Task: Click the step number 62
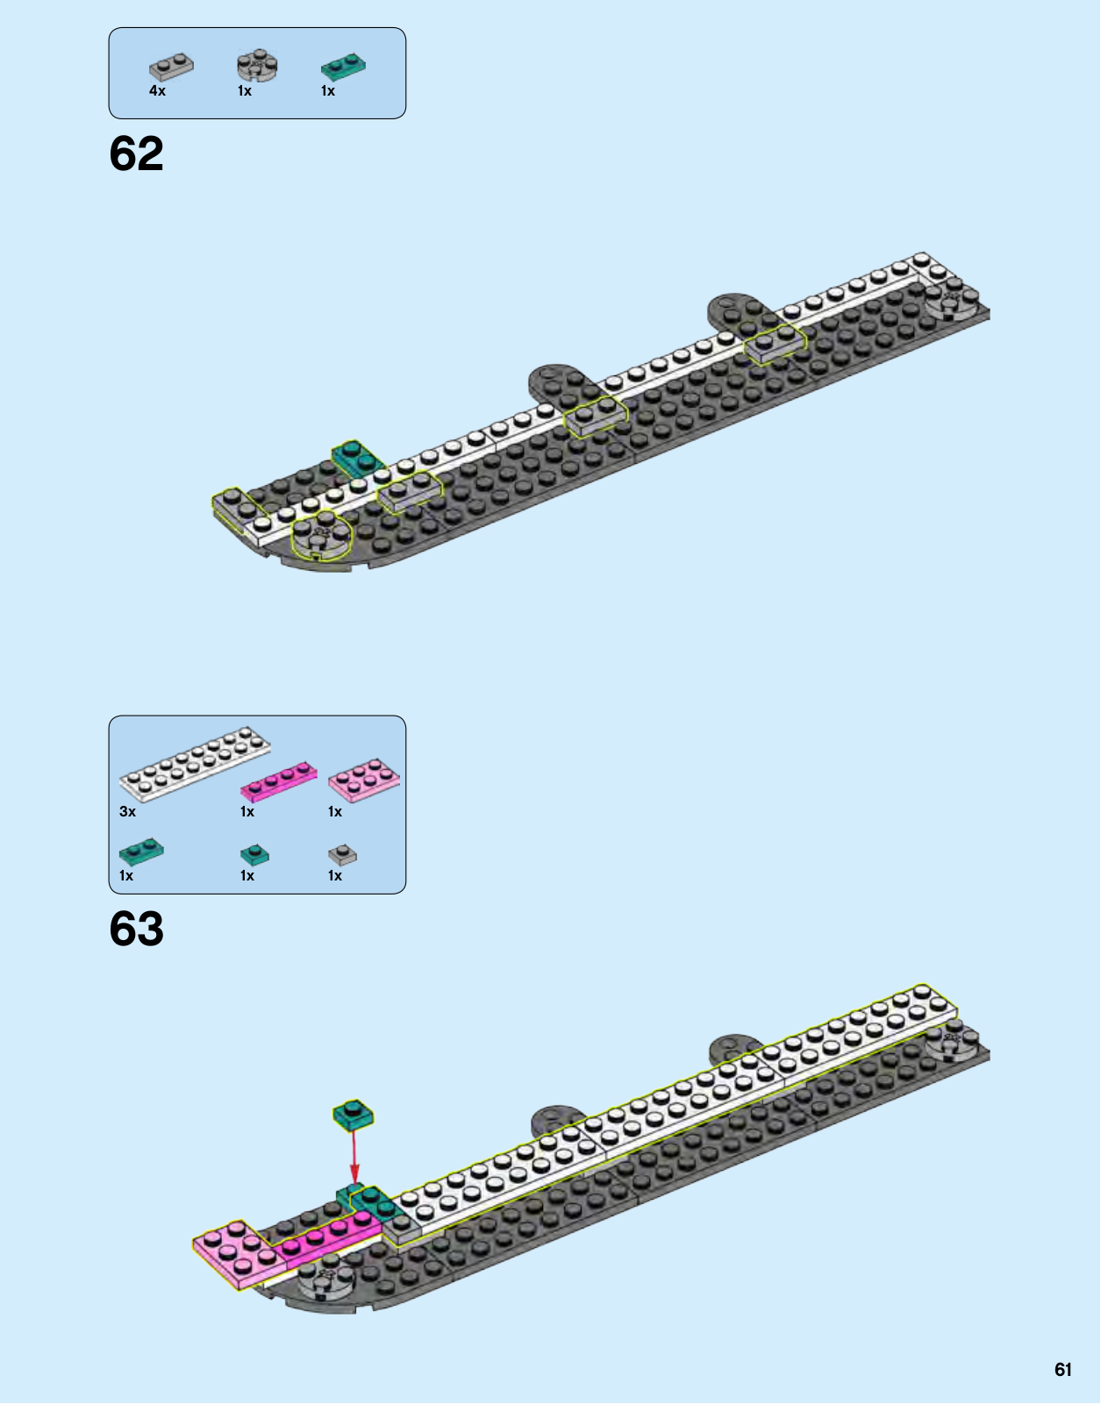136,154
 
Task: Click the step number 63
136,930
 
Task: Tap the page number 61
1062,1370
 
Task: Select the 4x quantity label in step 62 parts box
157,91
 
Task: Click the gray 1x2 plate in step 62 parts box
171,67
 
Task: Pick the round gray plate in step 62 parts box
257,65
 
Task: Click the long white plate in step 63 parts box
195,764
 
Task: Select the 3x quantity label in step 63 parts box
128,812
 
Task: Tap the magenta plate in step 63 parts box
279,780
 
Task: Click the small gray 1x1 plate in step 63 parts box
342,854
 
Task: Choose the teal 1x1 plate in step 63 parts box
254,855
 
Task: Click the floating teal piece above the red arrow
353,1115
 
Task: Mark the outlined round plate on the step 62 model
320,537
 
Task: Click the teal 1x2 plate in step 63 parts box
141,852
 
